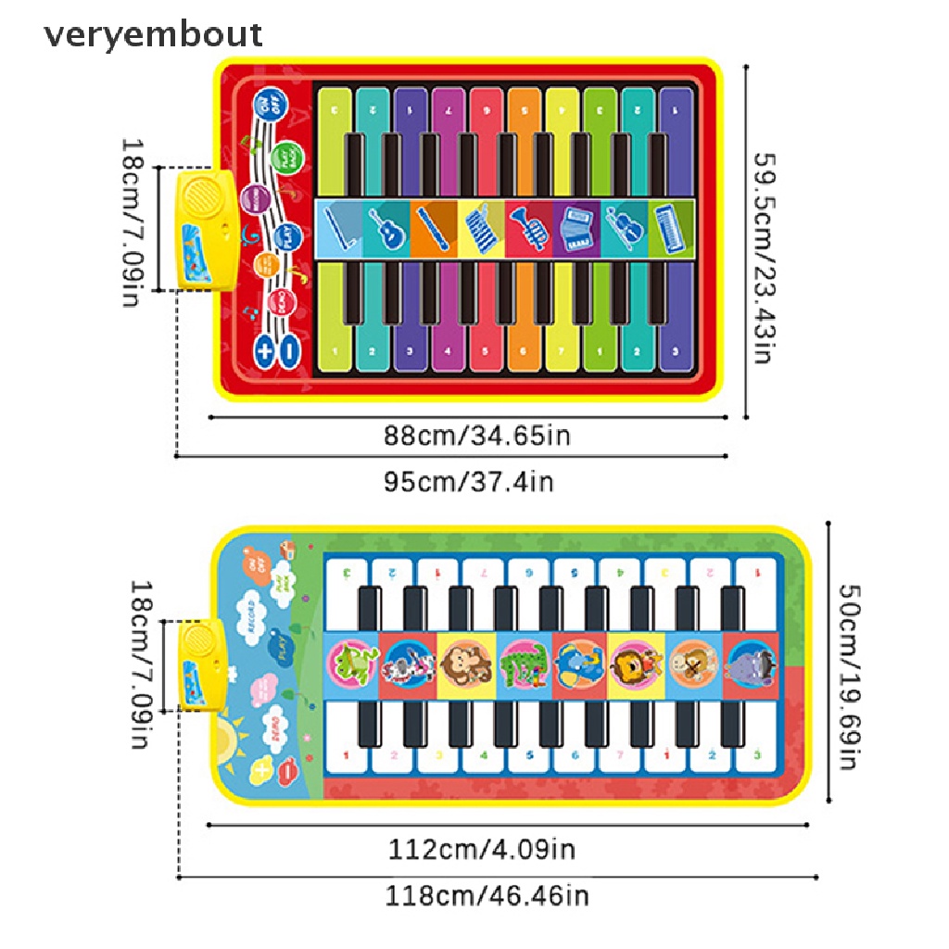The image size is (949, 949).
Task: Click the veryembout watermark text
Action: (153, 34)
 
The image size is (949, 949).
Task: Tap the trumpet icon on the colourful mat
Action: (529, 227)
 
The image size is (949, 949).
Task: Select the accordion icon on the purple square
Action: (576, 227)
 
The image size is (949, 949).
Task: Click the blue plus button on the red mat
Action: (264, 350)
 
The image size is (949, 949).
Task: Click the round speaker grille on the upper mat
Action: (198, 196)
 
